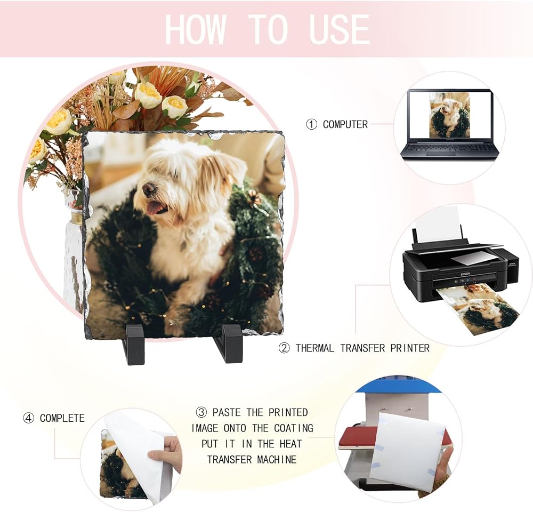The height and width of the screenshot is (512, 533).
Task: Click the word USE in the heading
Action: point(339,29)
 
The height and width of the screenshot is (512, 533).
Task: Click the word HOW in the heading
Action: point(196,29)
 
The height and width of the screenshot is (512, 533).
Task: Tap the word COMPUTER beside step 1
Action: point(345,124)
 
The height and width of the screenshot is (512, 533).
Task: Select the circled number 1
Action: point(311,124)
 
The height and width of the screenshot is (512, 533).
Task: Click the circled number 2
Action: point(284,348)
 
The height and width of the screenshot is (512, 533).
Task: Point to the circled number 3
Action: point(201,412)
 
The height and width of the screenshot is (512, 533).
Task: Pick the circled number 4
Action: point(29,418)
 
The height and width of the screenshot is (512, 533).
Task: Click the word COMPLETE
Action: point(62,418)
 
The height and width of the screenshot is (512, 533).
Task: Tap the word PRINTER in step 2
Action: point(409,348)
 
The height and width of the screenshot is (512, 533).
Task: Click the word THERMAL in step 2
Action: point(315,348)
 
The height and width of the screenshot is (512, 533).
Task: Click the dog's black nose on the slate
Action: point(149,188)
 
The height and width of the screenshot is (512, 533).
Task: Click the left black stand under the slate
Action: point(135,344)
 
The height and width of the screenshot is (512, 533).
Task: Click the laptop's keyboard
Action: point(448,148)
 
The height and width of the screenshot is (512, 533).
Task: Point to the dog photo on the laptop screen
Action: point(449,115)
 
